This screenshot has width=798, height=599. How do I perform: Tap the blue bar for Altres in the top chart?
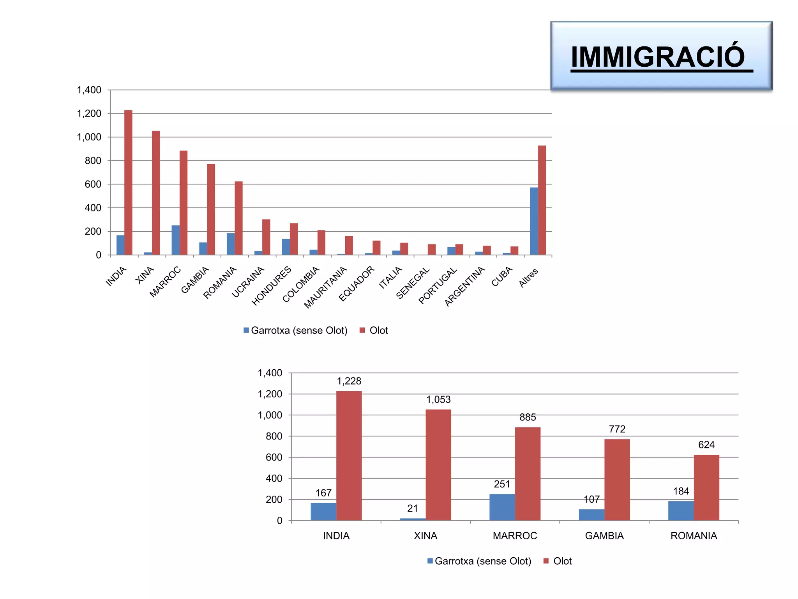tap(534, 221)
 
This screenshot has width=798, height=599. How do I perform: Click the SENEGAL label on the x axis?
tap(413, 283)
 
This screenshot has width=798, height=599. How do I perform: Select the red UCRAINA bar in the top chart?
tap(266, 237)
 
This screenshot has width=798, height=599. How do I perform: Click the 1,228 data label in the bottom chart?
tap(349, 381)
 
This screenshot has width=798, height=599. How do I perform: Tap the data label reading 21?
tap(412, 508)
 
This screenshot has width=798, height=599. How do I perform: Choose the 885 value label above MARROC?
tap(528, 417)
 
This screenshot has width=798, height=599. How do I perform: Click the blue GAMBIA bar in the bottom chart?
tap(591, 515)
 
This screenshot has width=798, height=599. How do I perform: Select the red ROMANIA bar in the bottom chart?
tap(706, 487)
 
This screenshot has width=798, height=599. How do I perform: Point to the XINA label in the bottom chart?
tap(425, 536)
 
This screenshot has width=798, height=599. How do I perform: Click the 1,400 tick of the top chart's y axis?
tap(89, 90)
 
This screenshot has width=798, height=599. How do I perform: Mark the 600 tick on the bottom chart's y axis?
tap(274, 457)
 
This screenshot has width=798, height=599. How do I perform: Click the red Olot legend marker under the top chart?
tap(362, 330)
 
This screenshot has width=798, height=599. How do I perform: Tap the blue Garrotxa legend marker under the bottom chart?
tap(430, 561)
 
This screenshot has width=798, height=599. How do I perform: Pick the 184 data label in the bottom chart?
tap(681, 491)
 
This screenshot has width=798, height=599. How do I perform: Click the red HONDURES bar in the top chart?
tap(294, 239)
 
